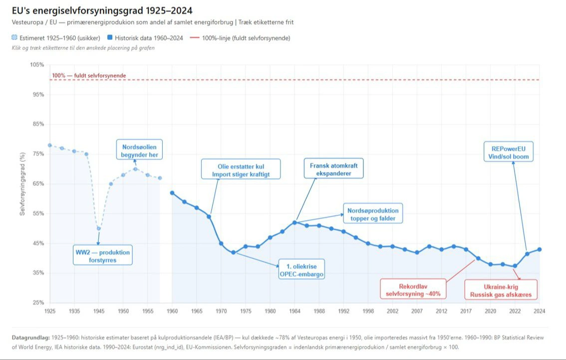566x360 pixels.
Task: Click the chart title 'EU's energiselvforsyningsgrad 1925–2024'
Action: (x=102, y=10)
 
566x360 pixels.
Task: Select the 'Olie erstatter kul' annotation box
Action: (x=241, y=169)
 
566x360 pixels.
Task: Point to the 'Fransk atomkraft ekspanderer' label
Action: (x=333, y=169)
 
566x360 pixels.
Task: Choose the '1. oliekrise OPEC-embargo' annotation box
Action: (x=301, y=269)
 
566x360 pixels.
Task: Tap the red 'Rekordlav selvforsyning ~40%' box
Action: (x=413, y=289)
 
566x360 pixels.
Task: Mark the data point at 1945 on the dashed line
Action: (x=98, y=229)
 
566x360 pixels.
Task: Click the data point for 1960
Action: (x=172, y=193)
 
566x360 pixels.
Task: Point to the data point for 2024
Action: (x=540, y=250)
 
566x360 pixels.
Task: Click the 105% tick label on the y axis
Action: (x=37, y=65)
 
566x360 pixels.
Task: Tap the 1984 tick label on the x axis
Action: (x=294, y=311)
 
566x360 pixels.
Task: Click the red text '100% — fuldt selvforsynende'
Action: (x=89, y=76)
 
